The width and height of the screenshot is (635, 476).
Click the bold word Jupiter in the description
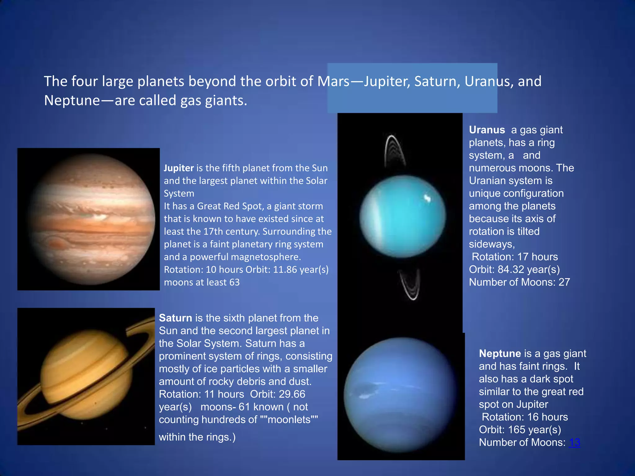pos(179,168)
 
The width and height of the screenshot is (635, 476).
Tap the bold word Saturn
pos(175,318)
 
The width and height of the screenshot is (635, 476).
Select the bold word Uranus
pos(487,130)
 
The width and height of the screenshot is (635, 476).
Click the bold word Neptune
pos(500,354)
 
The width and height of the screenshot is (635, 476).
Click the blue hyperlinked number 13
pos(575,443)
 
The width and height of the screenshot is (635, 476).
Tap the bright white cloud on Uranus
pos(427,198)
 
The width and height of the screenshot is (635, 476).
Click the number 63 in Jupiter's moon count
pos(234,282)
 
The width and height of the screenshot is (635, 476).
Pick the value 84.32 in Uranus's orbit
pos(511,270)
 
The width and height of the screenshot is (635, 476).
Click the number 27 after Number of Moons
pos(564,282)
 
